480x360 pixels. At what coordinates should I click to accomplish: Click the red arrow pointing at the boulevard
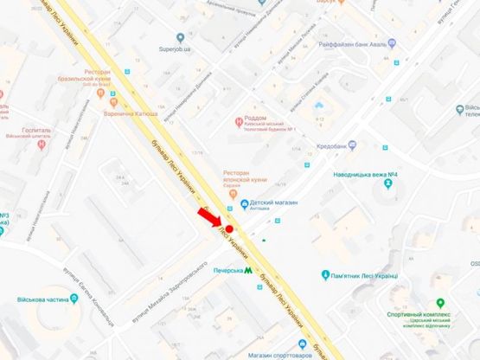(210, 217)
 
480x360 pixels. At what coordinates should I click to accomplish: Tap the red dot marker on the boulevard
(229, 229)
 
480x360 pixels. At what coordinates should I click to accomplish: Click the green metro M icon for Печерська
(248, 271)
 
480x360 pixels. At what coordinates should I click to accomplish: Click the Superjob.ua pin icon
(180, 37)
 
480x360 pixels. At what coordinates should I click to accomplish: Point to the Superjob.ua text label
(180, 48)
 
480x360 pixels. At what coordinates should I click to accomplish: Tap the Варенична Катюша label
(129, 113)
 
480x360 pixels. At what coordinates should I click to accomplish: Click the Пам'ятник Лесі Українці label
(363, 276)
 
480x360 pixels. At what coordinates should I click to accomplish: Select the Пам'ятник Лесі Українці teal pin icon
(324, 275)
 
